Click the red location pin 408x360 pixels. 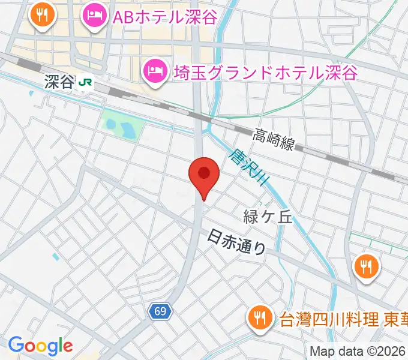click(203, 175)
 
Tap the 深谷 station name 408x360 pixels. click(58, 83)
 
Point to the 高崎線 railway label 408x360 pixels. click(274, 140)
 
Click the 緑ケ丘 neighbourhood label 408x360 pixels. click(268, 217)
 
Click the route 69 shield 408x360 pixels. click(161, 311)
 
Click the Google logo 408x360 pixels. click(40, 345)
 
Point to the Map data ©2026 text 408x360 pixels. click(358, 352)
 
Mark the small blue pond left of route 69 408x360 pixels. click(55, 257)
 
